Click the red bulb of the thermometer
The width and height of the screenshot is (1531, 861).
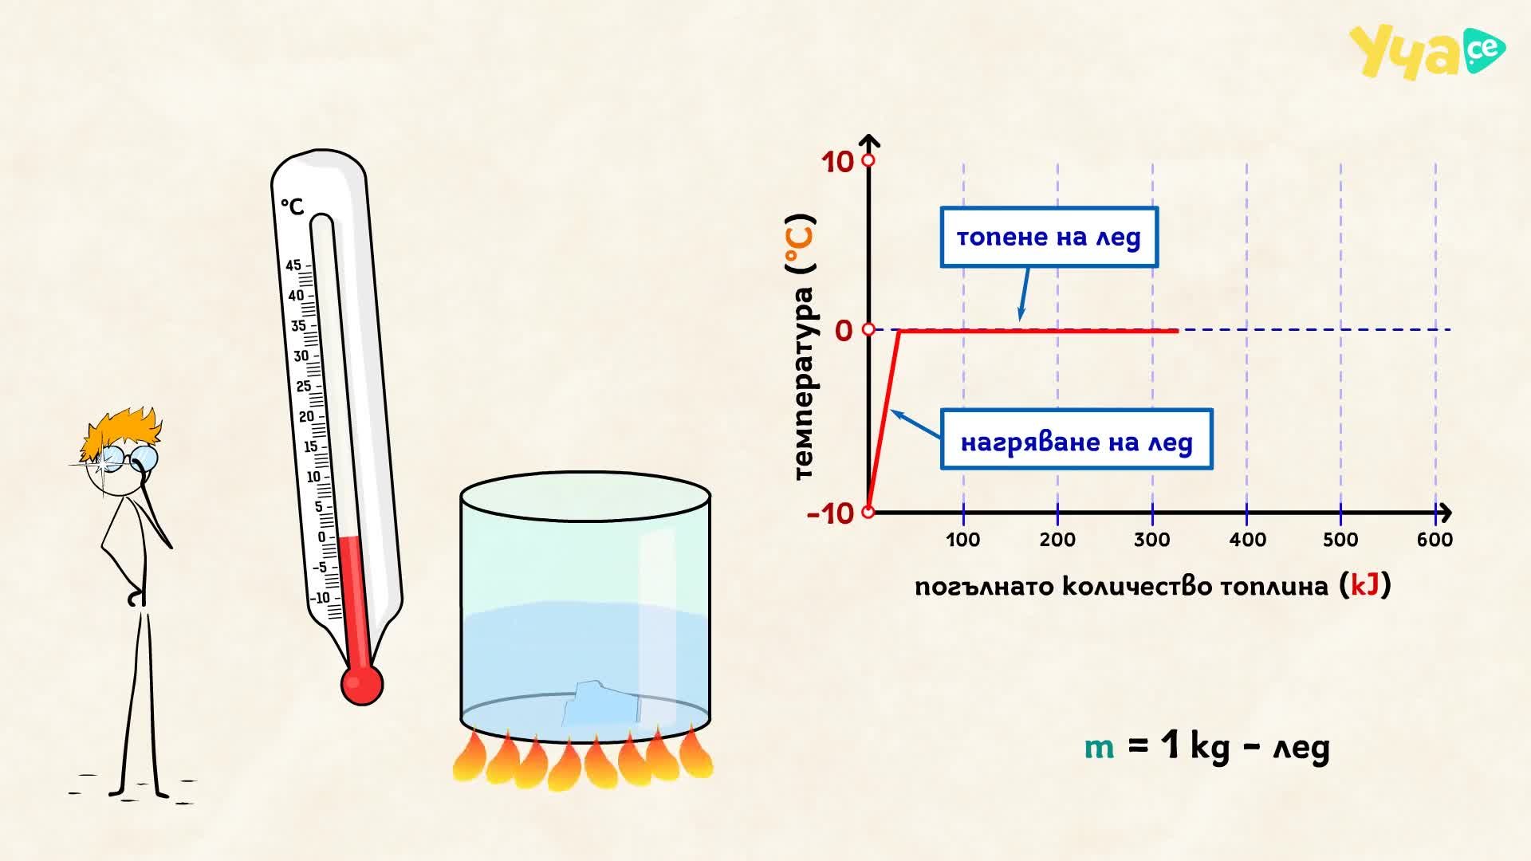click(x=361, y=684)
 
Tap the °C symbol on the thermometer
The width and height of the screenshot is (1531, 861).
click(x=293, y=206)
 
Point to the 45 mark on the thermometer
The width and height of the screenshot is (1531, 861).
click(x=293, y=265)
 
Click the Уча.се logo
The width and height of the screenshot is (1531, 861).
click(x=1427, y=52)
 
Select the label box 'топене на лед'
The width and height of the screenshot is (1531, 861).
click(x=1049, y=238)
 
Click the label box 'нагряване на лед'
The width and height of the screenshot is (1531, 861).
click(x=1076, y=439)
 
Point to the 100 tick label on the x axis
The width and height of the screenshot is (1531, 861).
click(x=962, y=540)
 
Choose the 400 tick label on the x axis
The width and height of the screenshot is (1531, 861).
click(x=1247, y=540)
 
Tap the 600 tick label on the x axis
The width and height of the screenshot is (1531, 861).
click(x=1435, y=540)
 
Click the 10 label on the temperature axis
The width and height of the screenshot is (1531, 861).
click(x=837, y=162)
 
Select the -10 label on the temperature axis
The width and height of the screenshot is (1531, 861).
click(x=830, y=514)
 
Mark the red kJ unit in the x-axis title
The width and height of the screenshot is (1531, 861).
click(x=1365, y=585)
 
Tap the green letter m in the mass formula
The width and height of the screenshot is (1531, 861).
click(x=1100, y=748)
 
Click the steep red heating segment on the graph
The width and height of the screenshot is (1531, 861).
click(x=884, y=420)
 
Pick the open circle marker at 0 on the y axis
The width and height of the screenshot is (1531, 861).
click(x=868, y=329)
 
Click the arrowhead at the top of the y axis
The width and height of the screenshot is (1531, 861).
click(x=869, y=143)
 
